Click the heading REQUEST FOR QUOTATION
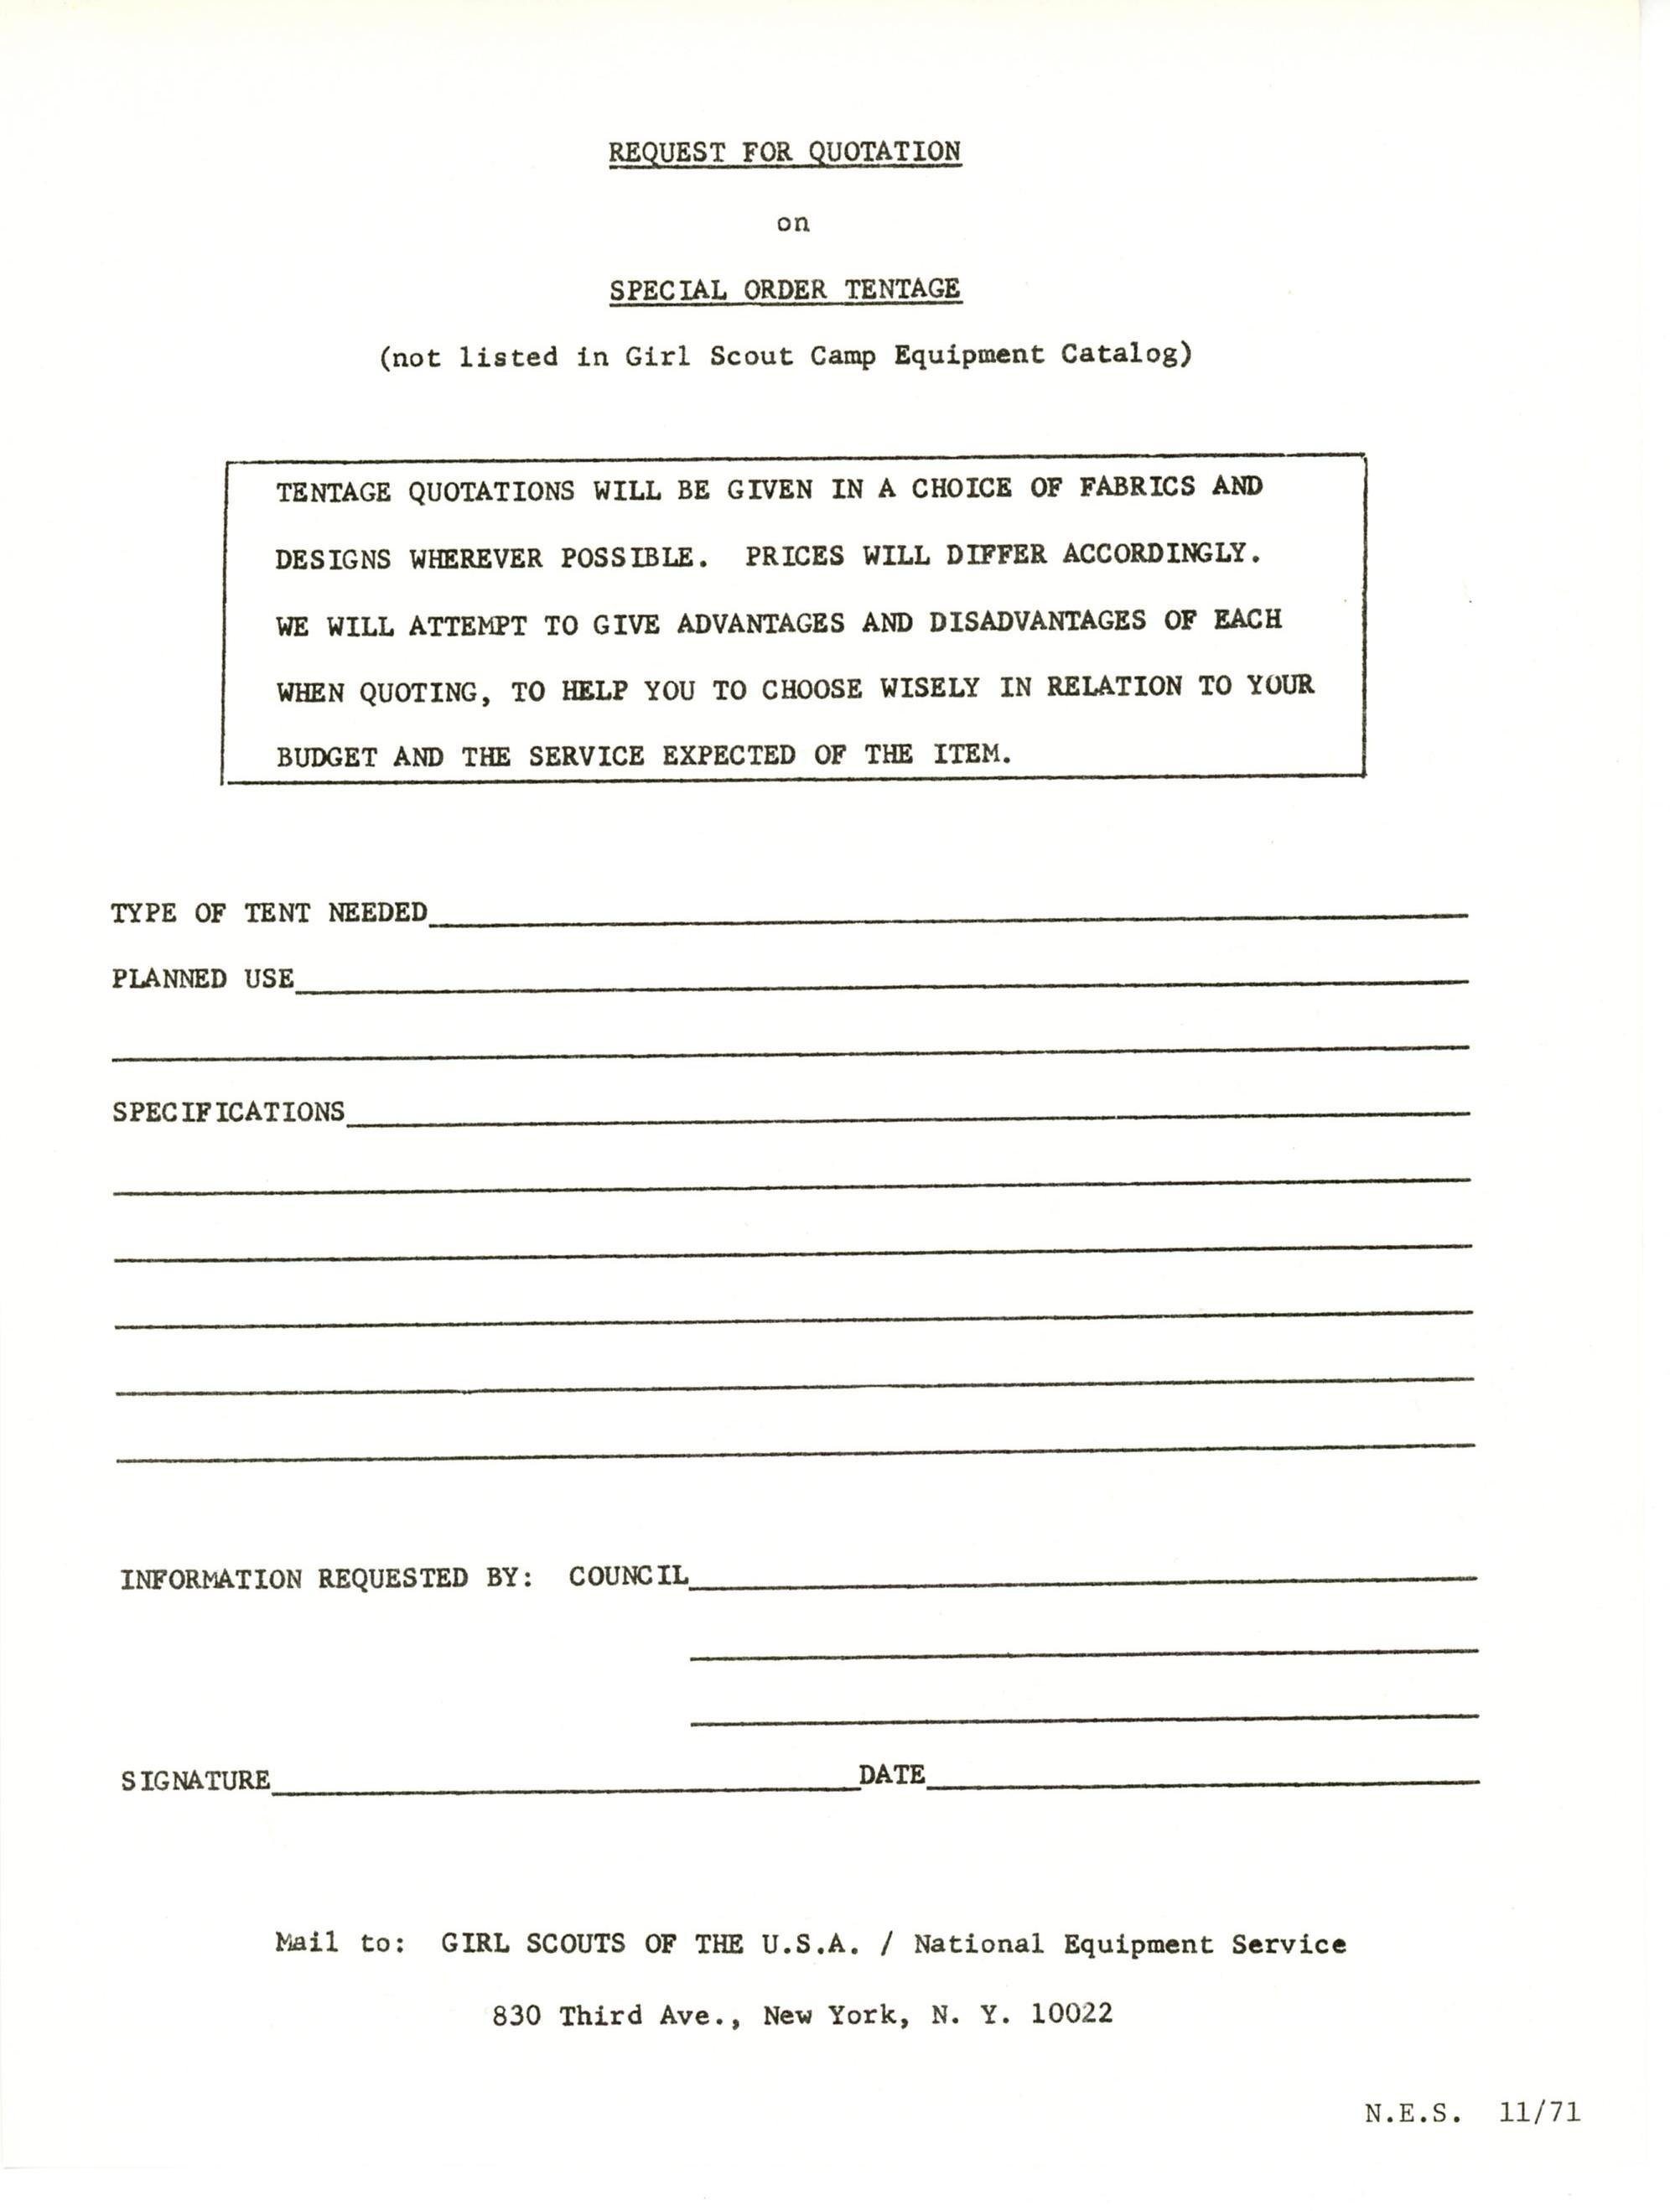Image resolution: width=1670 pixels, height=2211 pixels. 785,152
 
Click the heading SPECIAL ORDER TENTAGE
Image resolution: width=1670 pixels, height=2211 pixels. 785,290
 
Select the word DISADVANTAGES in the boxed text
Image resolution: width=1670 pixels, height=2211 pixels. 1036,620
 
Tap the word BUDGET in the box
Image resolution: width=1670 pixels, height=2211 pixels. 326,756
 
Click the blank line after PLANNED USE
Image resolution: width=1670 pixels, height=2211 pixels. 879,984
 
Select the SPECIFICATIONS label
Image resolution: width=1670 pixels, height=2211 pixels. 228,1113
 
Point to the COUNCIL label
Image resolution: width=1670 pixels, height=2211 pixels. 628,1576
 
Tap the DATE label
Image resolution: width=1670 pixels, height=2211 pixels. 891,1775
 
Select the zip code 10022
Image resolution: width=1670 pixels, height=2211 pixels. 1071,2013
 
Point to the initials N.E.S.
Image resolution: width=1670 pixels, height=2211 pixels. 1412,2113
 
